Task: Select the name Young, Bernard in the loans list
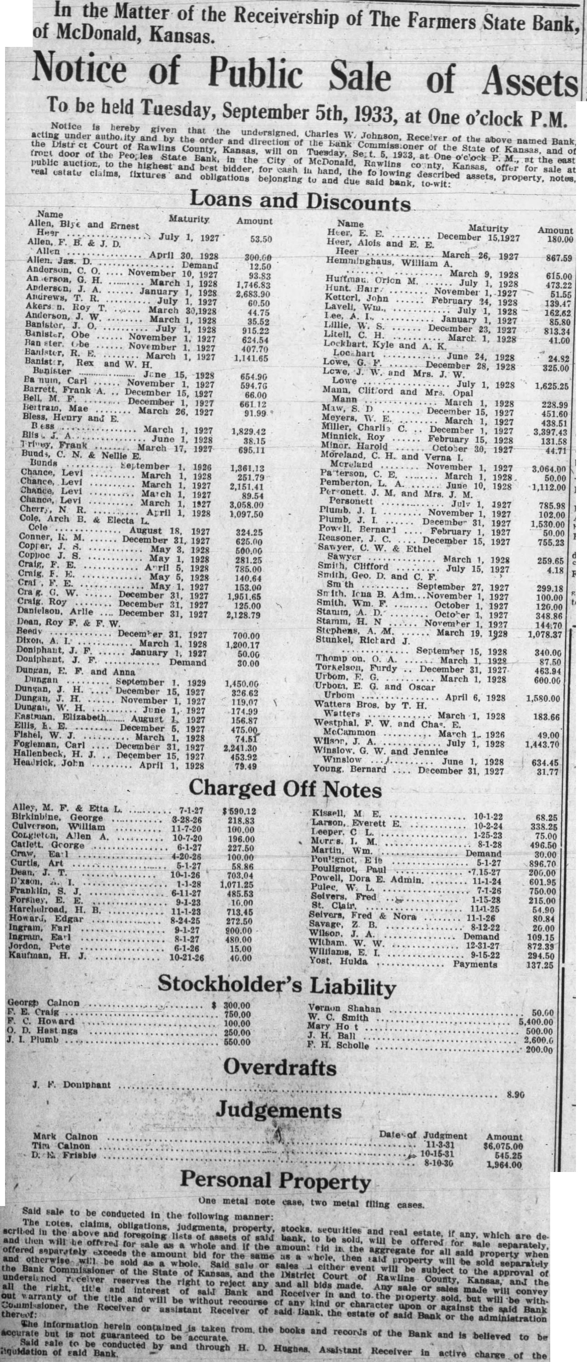(x=349, y=769)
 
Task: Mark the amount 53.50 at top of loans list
(x=261, y=239)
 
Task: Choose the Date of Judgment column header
(x=423, y=1135)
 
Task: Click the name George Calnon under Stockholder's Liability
(x=43, y=1003)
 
